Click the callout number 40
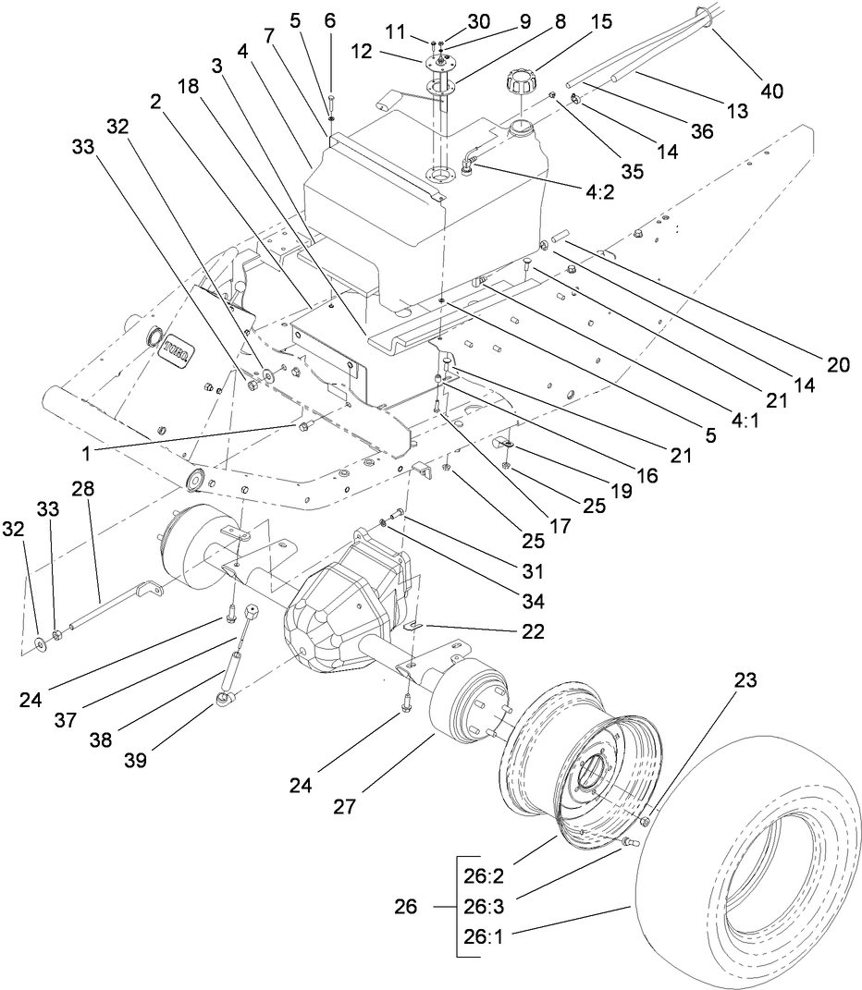tap(772, 91)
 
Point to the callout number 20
tap(837, 364)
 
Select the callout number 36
tap(703, 131)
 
